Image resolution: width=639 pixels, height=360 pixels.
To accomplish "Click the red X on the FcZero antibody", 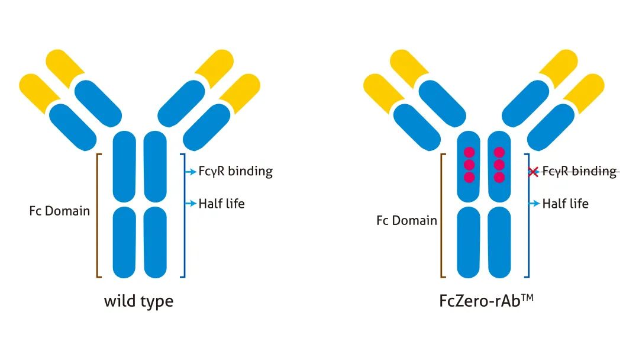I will [533, 172].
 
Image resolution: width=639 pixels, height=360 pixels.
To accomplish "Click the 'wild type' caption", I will [138, 301].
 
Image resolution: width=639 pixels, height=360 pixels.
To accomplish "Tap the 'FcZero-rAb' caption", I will [479, 301].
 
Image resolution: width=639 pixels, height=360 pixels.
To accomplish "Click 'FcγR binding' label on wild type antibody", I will [235, 171].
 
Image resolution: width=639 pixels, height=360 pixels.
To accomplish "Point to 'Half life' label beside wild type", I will [221, 204].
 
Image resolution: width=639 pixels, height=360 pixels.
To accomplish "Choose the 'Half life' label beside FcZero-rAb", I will [565, 204].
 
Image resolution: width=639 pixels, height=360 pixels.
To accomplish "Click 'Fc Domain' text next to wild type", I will [60, 211].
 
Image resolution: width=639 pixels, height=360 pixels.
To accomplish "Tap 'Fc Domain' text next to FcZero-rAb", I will [406, 221].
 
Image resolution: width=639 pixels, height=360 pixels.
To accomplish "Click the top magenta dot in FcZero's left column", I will [470, 152].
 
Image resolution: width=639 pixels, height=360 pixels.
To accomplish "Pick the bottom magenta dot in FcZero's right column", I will [499, 177].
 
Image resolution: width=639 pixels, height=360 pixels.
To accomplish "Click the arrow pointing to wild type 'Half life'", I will [191, 204].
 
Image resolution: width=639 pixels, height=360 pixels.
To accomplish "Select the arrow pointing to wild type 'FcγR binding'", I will [191, 172].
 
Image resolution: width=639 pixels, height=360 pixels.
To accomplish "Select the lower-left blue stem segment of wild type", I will [124, 242].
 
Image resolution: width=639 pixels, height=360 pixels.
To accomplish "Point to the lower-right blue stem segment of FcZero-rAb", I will [499, 242].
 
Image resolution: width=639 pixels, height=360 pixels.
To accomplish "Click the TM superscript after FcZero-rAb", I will [527, 297].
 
